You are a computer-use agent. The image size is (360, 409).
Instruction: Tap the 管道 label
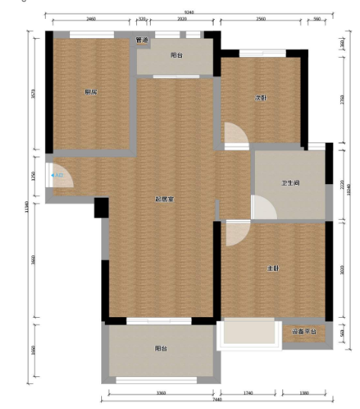tap(142, 40)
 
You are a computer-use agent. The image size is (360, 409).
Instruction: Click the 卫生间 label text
tap(289, 182)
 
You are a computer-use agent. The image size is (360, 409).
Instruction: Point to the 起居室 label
tap(164, 199)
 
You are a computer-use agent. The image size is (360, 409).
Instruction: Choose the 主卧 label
tap(272, 268)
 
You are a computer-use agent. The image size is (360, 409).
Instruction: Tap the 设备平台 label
tap(304, 332)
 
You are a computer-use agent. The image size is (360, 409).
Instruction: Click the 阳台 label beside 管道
tap(176, 55)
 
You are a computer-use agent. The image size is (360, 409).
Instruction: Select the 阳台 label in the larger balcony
tap(161, 348)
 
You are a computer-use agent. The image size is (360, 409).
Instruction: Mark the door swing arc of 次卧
tap(237, 135)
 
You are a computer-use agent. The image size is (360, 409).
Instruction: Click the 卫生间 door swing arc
tap(263, 207)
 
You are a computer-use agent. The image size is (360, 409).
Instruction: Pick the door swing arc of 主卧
tap(236, 233)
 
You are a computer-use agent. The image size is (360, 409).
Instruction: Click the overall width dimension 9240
tap(188, 11)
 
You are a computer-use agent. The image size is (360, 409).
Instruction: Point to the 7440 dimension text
tap(217, 400)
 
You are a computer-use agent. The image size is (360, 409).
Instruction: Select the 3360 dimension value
tap(161, 392)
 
